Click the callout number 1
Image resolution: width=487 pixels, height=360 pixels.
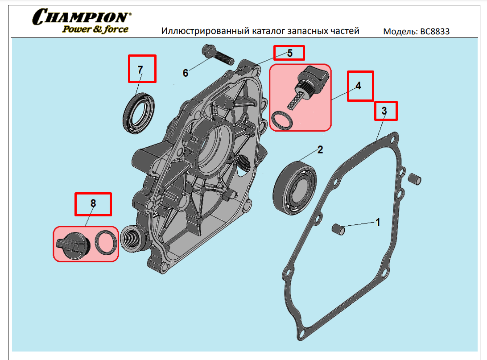pos(378,222)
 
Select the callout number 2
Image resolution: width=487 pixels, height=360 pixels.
pos(320,150)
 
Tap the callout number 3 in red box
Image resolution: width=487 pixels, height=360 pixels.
pos(384,110)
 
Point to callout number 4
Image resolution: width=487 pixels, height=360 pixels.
pos(359,85)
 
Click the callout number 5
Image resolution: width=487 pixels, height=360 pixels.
pos(289,53)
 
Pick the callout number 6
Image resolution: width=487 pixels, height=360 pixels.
pos(186,73)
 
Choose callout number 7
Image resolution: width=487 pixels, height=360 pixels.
pos(140,70)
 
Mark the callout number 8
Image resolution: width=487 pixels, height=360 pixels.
pos(93,203)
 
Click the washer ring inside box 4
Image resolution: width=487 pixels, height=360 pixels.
pos(282,121)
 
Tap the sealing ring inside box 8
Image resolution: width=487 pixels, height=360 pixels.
pos(107,242)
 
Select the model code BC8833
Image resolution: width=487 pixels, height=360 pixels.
pos(435,32)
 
